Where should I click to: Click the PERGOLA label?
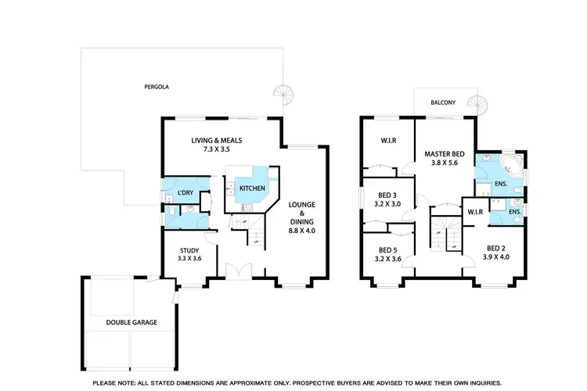(157, 87)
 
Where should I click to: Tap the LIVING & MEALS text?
(218, 141)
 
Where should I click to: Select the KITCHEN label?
(252, 189)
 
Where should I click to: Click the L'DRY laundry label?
(185, 192)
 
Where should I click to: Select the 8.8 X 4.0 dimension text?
(301, 231)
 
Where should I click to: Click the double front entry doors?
(236, 271)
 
